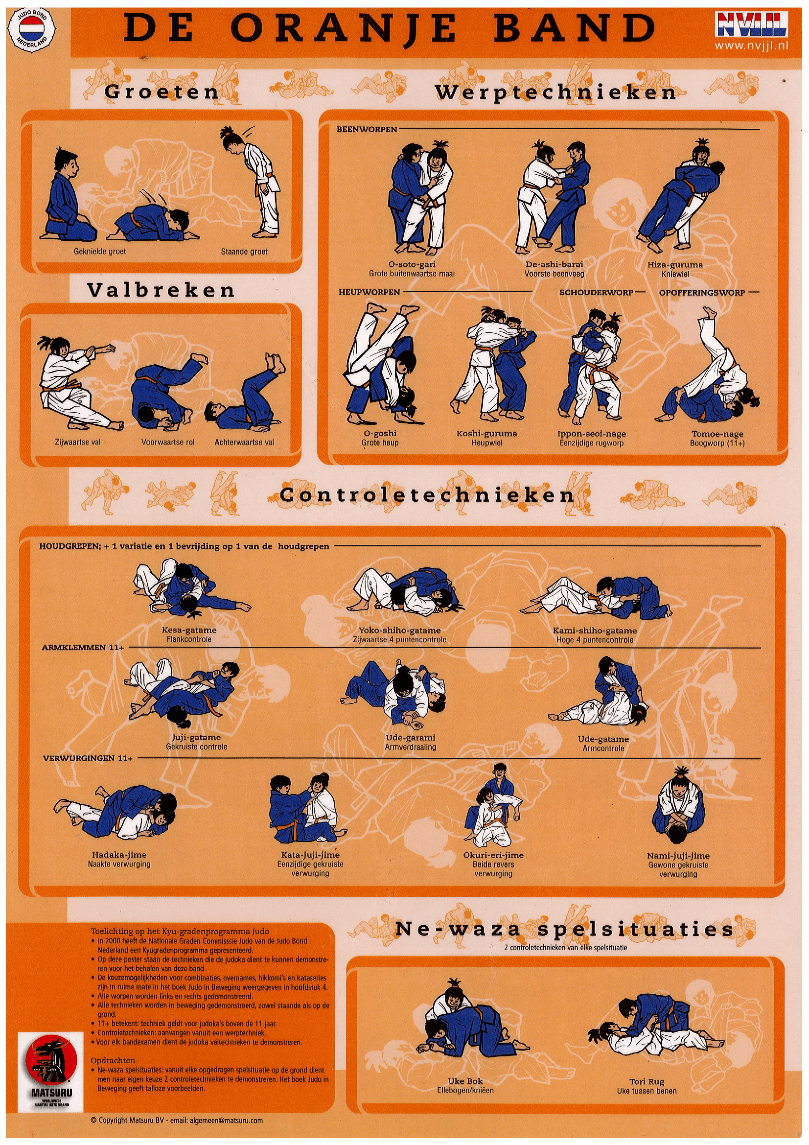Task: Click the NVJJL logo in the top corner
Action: (752, 25)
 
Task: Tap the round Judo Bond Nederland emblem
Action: (32, 28)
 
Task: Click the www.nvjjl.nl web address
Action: (752, 46)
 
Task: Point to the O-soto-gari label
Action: (412, 265)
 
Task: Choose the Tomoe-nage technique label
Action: (717, 434)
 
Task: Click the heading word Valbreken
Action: (161, 290)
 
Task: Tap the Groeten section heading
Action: (162, 92)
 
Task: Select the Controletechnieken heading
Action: (427, 495)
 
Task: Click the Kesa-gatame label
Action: (189, 630)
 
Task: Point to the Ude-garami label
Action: (411, 738)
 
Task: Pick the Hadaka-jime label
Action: (119, 855)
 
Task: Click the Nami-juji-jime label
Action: (678, 856)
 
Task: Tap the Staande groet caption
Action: (244, 252)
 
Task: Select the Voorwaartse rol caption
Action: (168, 443)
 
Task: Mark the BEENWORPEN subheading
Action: (367, 130)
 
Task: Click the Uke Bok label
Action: (465, 1081)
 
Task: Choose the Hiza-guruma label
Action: (675, 265)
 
